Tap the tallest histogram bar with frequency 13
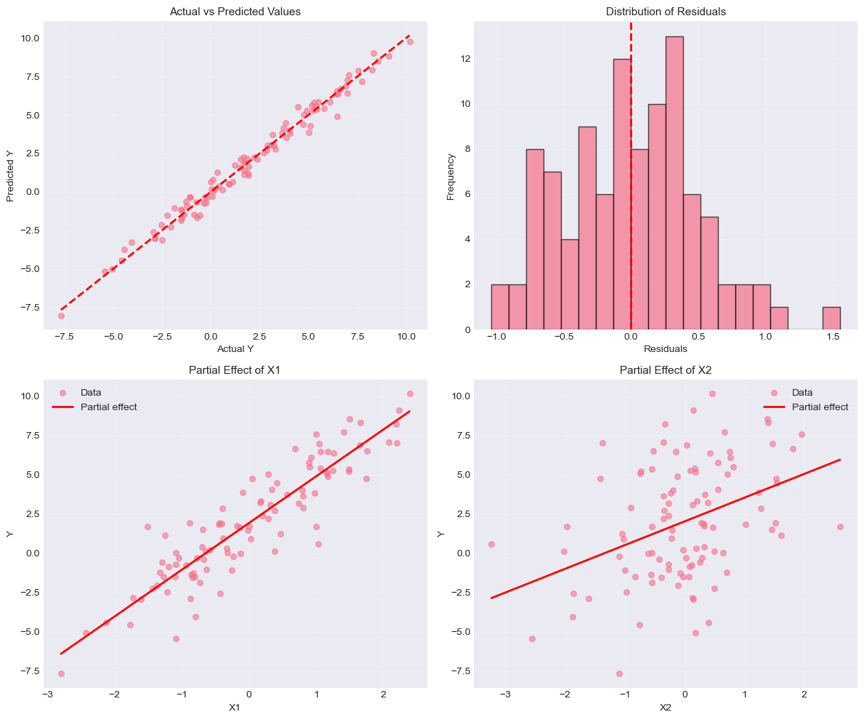click(x=674, y=183)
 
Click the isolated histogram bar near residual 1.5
click(x=831, y=318)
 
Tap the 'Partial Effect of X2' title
click(x=666, y=370)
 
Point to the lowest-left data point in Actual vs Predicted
click(x=61, y=316)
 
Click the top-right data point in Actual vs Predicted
click(x=410, y=41)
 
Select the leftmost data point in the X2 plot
click(x=491, y=544)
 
